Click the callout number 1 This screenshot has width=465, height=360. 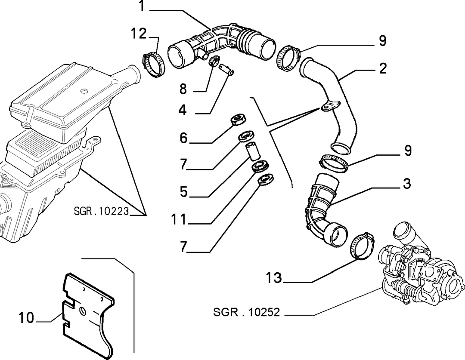coord(142,6)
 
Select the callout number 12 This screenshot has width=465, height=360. coord(139,34)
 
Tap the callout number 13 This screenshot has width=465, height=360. coord(274,277)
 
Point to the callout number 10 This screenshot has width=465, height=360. coord(26,317)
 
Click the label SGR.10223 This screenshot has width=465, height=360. coord(101,211)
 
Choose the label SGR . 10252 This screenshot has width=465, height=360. coord(246,312)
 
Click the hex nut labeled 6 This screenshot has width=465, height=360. coord(238,120)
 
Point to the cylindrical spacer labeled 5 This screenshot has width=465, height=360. coord(251,151)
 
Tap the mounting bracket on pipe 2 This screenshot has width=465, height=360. coord(330,106)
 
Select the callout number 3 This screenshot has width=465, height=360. coord(407,183)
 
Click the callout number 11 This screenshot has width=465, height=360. coord(179,219)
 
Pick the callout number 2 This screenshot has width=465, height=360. coord(383,68)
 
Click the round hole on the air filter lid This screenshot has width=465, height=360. coord(84,90)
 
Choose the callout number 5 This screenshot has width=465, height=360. coord(184,191)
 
